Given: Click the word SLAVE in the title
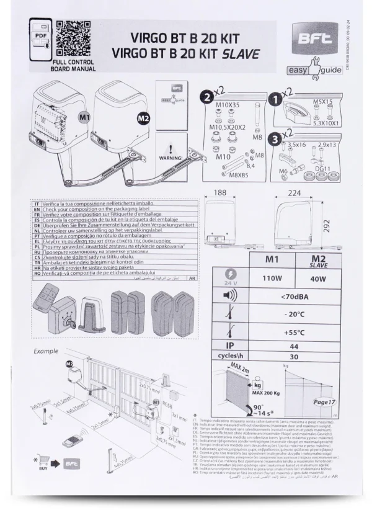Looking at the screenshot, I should click(238, 53).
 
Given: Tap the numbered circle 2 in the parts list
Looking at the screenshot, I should click(206, 96).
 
